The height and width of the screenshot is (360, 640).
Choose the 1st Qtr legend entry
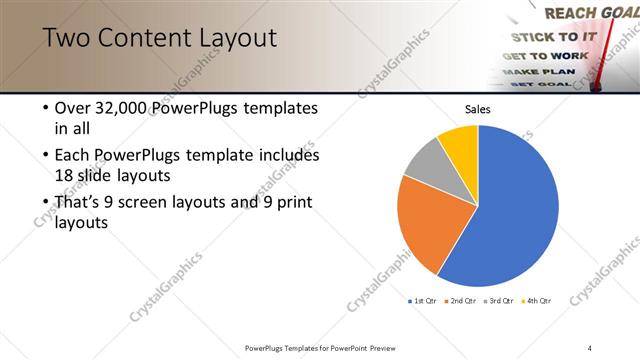coord(422,300)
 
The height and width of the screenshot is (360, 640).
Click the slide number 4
coord(590,347)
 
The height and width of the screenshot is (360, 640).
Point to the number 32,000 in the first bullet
coord(118,108)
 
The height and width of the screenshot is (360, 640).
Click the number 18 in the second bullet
coord(65,174)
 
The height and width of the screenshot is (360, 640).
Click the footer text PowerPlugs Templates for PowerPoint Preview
coord(320,347)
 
